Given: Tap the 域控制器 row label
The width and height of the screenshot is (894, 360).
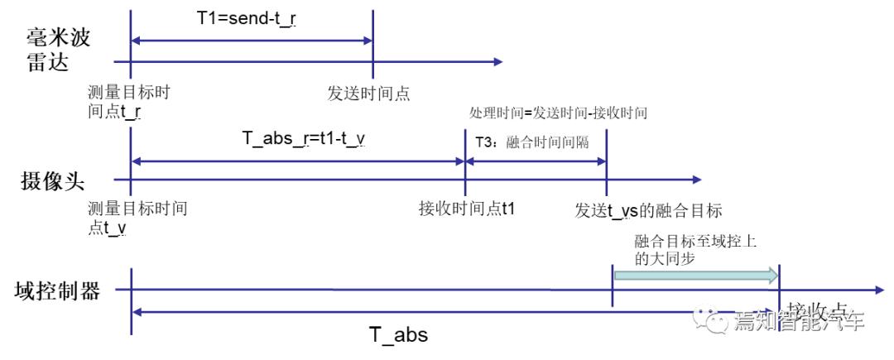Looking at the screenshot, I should tap(57, 290).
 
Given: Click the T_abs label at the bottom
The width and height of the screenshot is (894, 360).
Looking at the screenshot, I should tap(397, 336).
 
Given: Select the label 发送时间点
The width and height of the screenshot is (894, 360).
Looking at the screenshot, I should tap(369, 93).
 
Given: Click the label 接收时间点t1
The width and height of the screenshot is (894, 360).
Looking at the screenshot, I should tap(467, 207).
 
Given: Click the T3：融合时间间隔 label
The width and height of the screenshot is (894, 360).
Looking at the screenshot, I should tap(531, 142).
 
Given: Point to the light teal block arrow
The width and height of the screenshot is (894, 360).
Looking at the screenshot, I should tap(696, 275).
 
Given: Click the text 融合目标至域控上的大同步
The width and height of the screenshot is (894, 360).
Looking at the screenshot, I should tap(695, 249).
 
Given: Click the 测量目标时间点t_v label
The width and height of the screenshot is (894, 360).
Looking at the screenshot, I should tap(137, 217).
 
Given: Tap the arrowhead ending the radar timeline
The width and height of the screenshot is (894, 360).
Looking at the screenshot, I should tap(497, 61).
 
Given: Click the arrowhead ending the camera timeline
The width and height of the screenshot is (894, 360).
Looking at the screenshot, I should tap(696, 179).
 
